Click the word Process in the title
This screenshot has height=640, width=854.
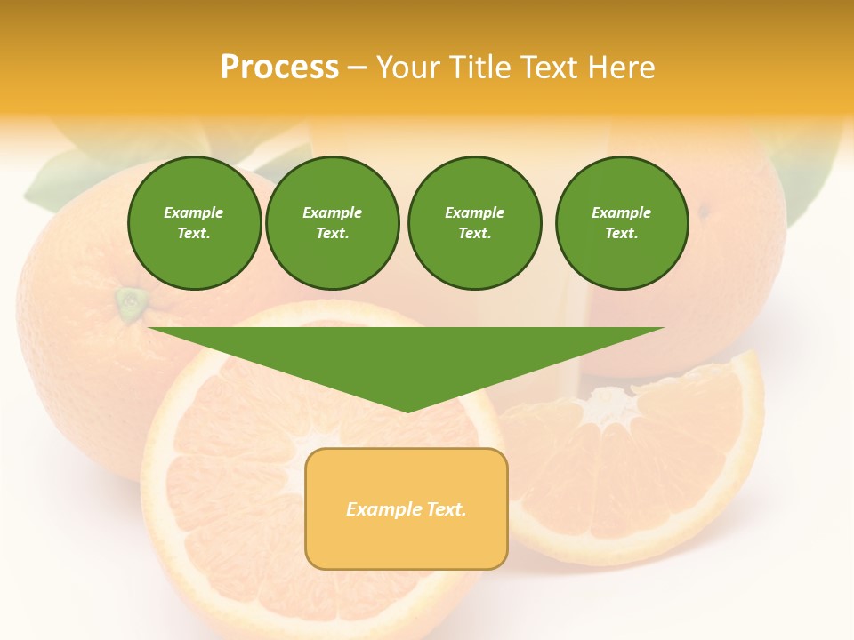[279, 68]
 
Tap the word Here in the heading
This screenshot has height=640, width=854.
[622, 68]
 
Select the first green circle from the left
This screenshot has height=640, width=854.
[194, 223]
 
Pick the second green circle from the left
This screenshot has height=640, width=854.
[333, 223]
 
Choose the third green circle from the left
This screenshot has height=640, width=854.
[474, 223]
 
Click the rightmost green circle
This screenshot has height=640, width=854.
[622, 223]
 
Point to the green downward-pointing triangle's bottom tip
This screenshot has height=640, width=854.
[407, 410]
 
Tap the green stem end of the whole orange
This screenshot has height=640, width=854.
[132, 302]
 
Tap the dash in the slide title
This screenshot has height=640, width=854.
[357, 68]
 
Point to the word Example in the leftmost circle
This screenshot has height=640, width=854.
[194, 212]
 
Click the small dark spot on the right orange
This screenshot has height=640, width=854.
[703, 212]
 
